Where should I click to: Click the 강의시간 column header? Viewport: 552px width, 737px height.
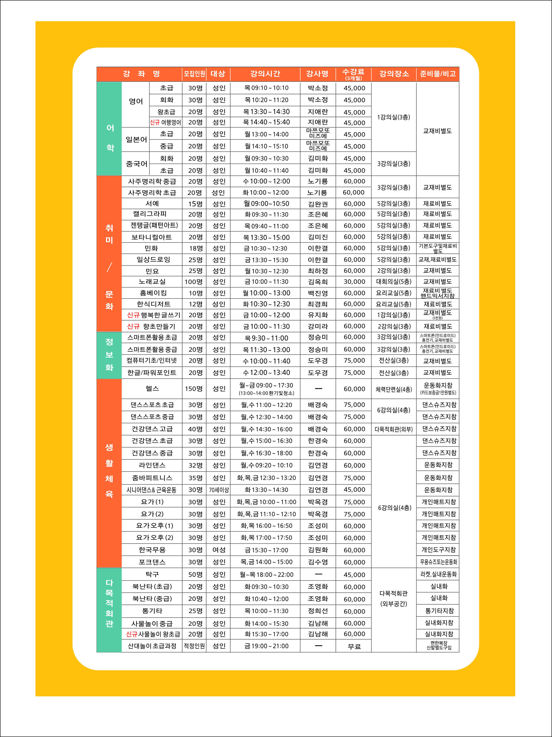coord(265,74)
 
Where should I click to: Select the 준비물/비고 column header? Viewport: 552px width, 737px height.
coord(438,74)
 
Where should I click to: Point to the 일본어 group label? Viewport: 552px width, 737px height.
coord(136,140)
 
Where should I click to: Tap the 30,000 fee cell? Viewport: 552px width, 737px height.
coord(354,282)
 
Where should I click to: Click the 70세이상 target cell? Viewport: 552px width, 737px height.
coord(219,490)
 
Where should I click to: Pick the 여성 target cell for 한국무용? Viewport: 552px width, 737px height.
coord(219,550)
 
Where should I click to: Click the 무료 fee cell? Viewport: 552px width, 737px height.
coord(354,646)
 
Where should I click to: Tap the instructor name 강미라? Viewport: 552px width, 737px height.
coord(318,326)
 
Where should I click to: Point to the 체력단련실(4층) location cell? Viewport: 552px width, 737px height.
coord(394,389)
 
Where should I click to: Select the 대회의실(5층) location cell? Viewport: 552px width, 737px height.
coord(394,282)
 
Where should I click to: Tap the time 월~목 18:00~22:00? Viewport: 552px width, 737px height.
coord(267,574)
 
